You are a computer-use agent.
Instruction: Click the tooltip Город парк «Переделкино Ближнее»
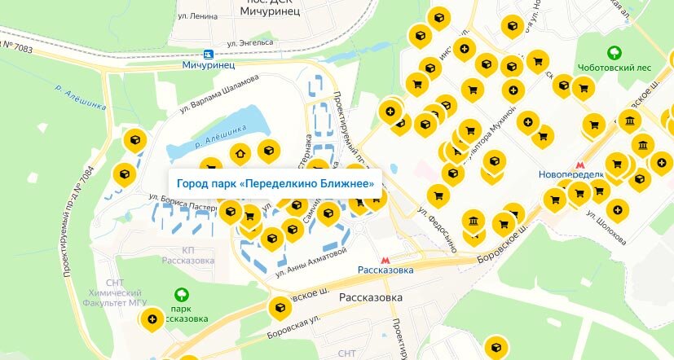pos(275,184)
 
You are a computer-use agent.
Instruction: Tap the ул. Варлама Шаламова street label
pos(218,90)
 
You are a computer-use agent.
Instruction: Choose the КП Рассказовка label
pos(187,255)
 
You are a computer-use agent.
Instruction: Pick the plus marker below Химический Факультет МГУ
pos(151,319)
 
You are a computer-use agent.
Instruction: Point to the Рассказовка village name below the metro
pos(371,298)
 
